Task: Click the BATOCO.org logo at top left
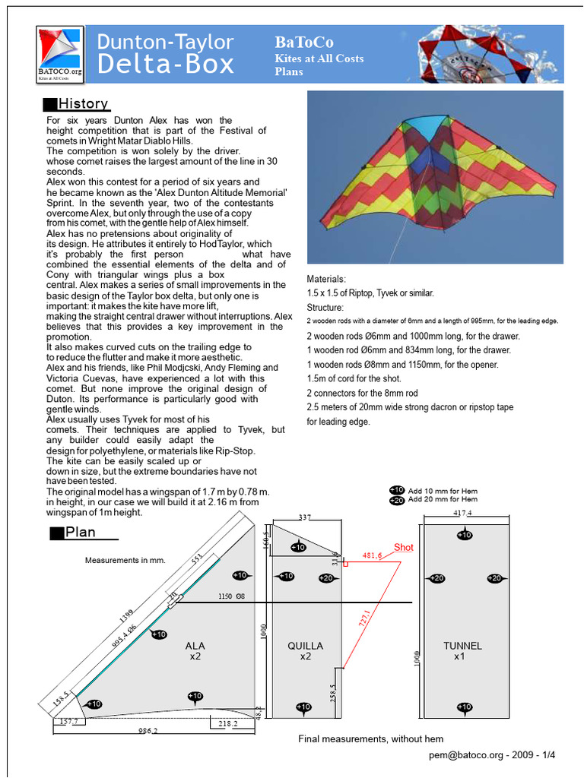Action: pyautogui.click(x=61, y=53)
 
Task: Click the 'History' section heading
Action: pyautogui.click(x=83, y=104)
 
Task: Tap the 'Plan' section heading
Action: pyautogui.click(x=80, y=532)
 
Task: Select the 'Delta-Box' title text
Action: pyautogui.click(x=166, y=64)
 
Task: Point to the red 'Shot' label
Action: pyautogui.click(x=403, y=548)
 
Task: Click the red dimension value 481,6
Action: pyautogui.click(x=373, y=555)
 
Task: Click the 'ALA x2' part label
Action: pyautogui.click(x=195, y=651)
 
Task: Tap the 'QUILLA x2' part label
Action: pyautogui.click(x=305, y=651)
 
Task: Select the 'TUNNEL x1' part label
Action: pyautogui.click(x=463, y=651)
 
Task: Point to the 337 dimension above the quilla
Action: pyautogui.click(x=303, y=517)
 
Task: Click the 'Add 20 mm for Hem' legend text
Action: pyautogui.click(x=443, y=500)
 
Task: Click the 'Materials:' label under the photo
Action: pyautogui.click(x=325, y=279)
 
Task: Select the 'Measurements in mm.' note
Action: pyautogui.click(x=125, y=561)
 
